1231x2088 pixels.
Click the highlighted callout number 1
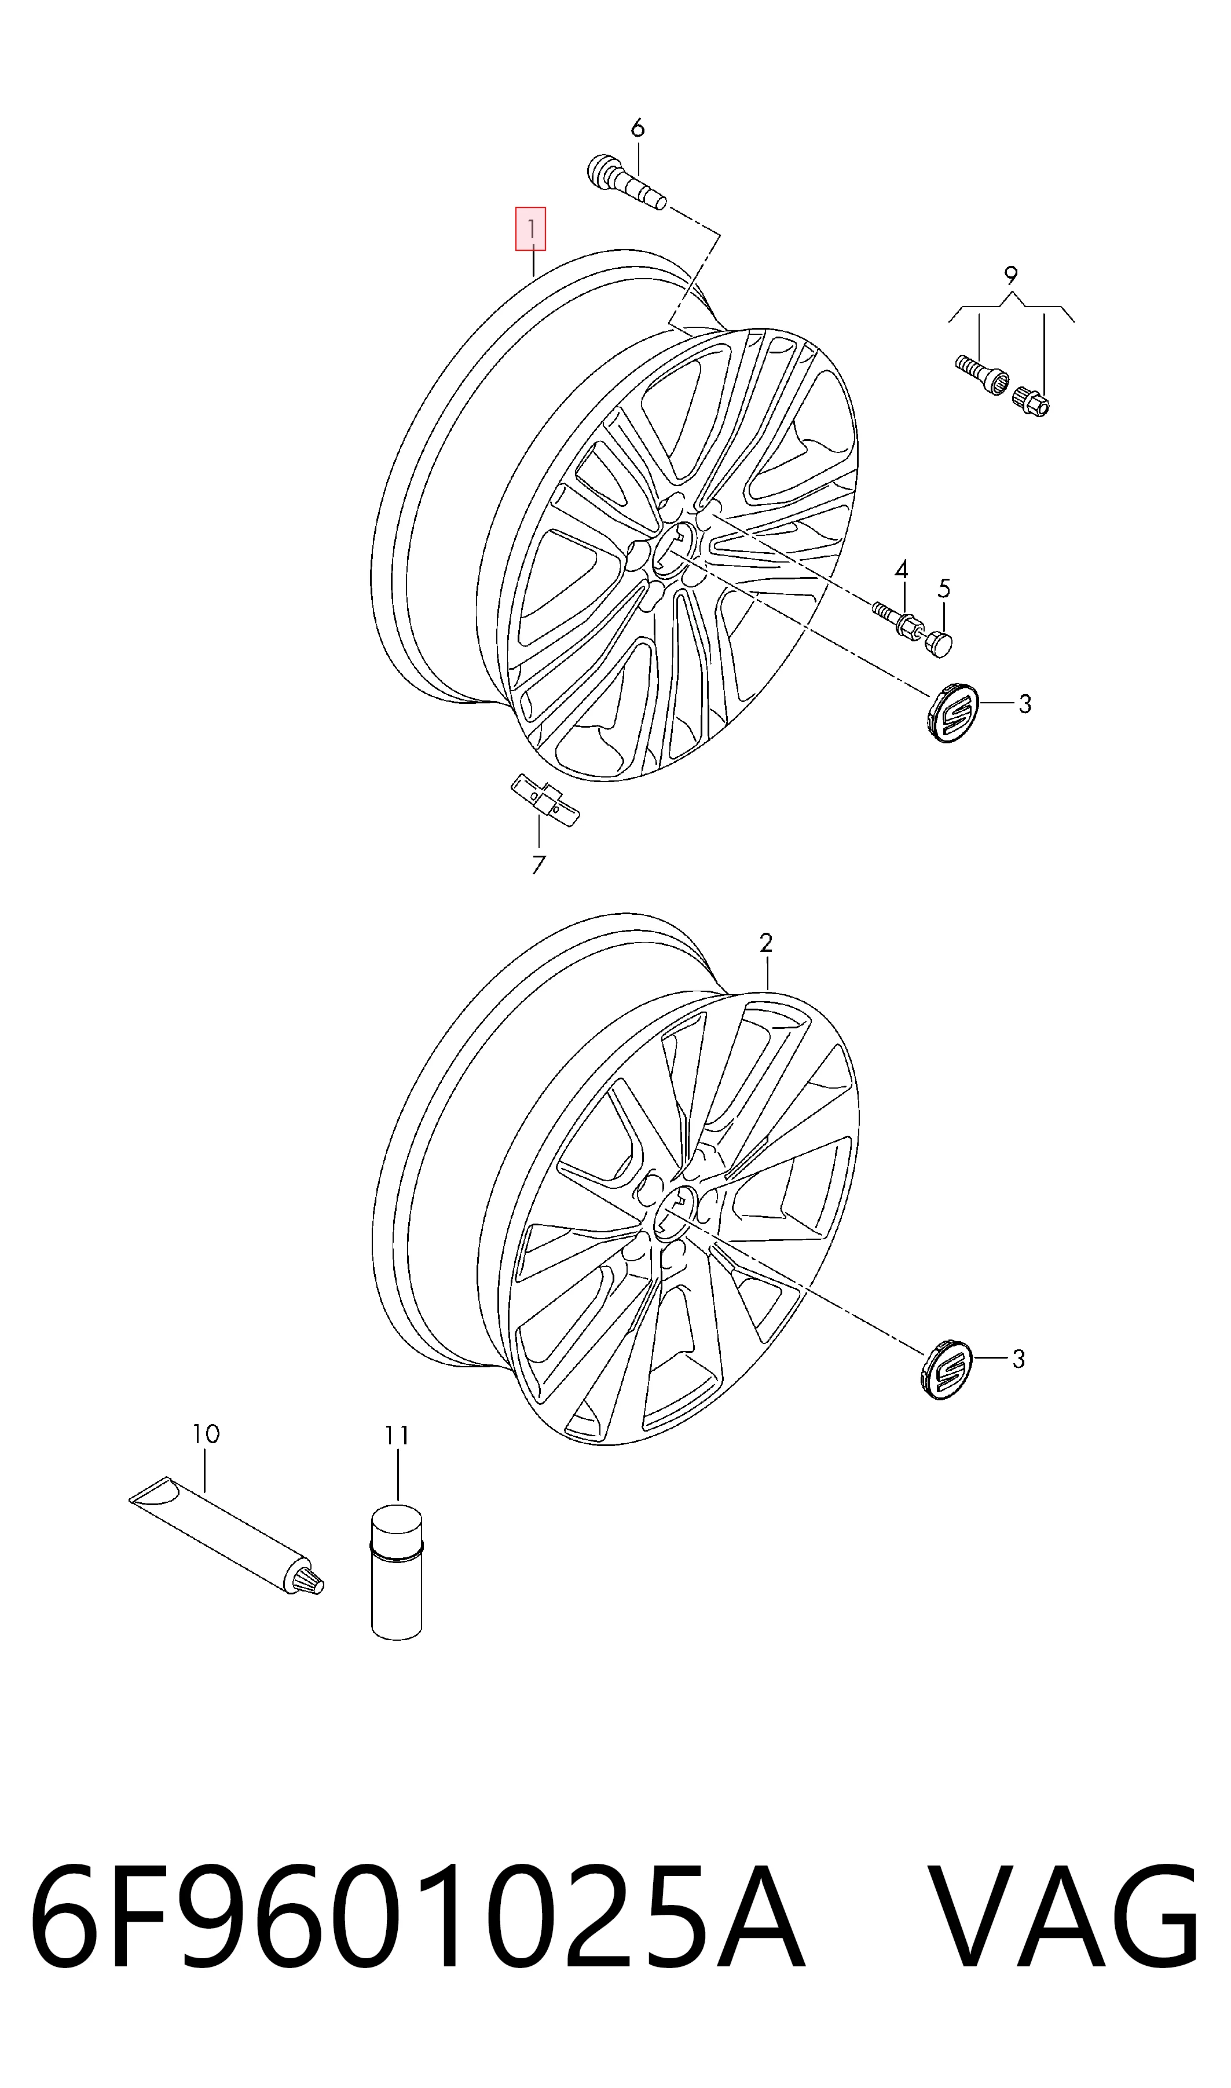(530, 228)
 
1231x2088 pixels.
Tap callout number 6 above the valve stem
(637, 128)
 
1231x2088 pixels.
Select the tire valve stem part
(627, 182)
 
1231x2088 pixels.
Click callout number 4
(901, 570)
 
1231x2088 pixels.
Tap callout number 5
(944, 589)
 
